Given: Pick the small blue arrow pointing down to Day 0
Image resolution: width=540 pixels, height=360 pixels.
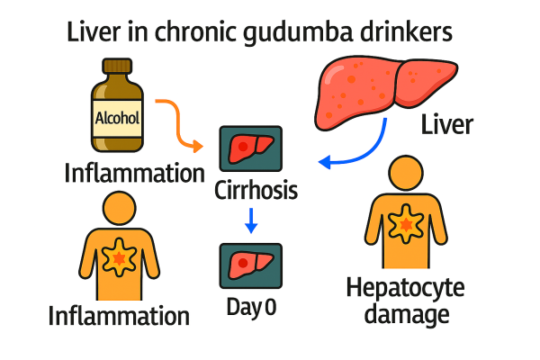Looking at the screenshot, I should tap(251, 220).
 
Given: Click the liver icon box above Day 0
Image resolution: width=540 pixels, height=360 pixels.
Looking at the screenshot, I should tap(250, 265).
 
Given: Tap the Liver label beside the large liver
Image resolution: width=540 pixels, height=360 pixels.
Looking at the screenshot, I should tap(446, 124).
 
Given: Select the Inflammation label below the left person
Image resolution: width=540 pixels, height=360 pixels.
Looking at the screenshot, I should tap(119, 316).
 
